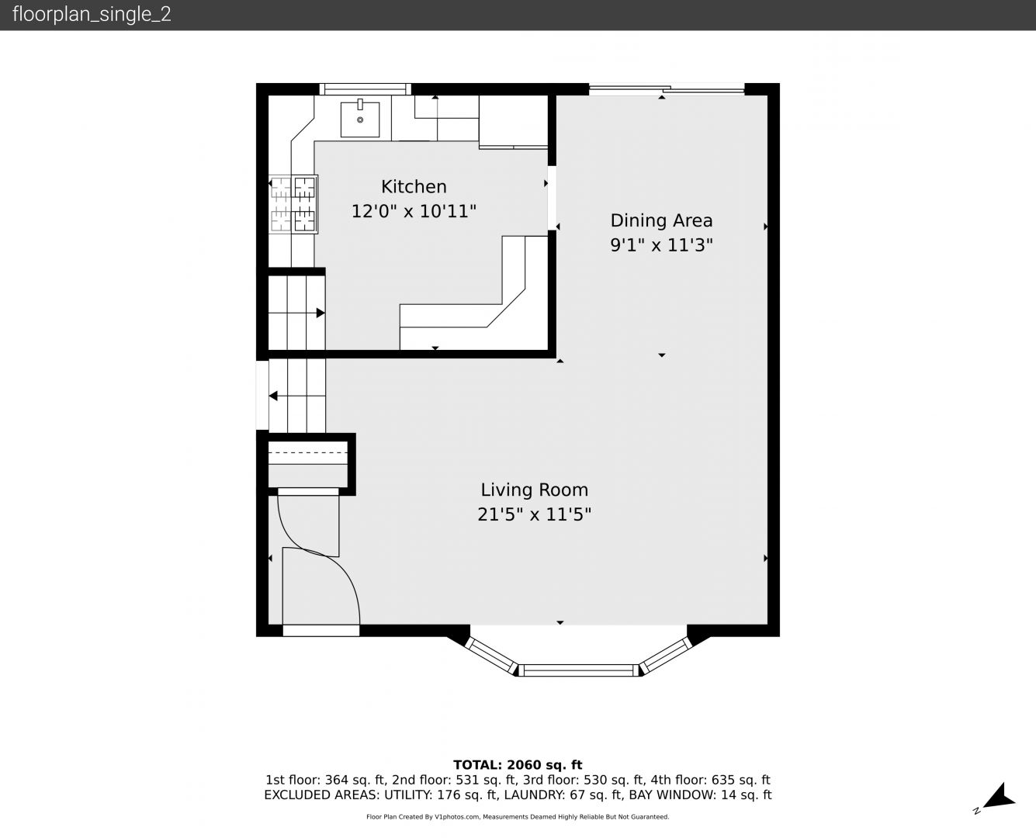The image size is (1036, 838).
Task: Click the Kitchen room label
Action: (414, 187)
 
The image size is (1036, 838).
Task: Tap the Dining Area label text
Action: (661, 221)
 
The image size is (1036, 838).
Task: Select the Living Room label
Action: (535, 490)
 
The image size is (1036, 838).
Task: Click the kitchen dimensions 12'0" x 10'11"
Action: (414, 211)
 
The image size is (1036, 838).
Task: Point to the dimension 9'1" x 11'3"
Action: (661, 244)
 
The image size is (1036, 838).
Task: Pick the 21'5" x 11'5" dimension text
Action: (535, 514)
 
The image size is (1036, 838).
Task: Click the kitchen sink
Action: (360, 119)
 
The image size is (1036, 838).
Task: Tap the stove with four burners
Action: (293, 204)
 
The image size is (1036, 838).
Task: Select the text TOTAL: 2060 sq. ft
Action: (518, 765)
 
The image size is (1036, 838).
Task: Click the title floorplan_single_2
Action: (92, 15)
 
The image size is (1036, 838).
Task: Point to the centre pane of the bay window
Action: (579, 670)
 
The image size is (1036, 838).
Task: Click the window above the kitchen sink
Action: (366, 89)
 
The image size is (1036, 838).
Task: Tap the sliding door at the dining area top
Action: (667, 89)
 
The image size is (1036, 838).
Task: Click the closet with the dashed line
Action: (308, 464)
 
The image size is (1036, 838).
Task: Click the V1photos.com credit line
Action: (518, 817)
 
